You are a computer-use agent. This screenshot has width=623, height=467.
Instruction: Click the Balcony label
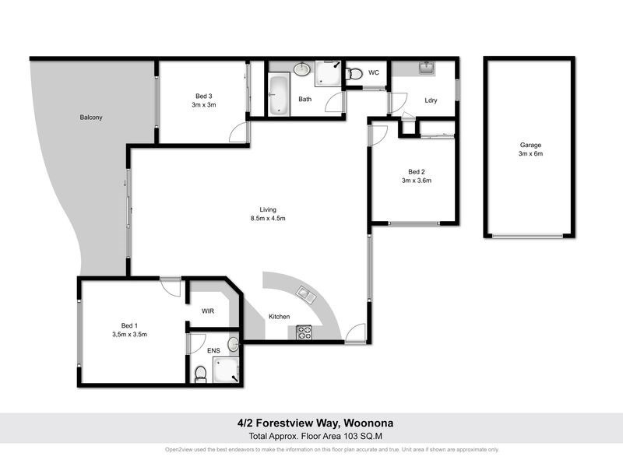pos(91,118)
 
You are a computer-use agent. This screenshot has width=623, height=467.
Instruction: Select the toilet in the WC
pos(354,75)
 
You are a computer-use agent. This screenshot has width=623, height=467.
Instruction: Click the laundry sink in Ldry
pos(425,69)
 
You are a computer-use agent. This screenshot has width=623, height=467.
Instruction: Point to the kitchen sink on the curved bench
pos(306,296)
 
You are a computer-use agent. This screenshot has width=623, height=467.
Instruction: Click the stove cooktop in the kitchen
pos(304,332)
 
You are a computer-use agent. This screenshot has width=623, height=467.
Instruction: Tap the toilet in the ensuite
pos(200,374)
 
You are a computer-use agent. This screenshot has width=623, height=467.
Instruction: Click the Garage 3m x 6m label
pos(530,149)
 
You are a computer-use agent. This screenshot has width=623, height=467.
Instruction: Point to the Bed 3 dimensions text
pos(205,104)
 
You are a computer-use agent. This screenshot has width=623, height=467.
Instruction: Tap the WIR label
pos(207,311)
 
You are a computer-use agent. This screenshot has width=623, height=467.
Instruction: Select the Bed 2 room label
pos(416,172)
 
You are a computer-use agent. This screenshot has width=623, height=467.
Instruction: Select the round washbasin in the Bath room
pos(303,71)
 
